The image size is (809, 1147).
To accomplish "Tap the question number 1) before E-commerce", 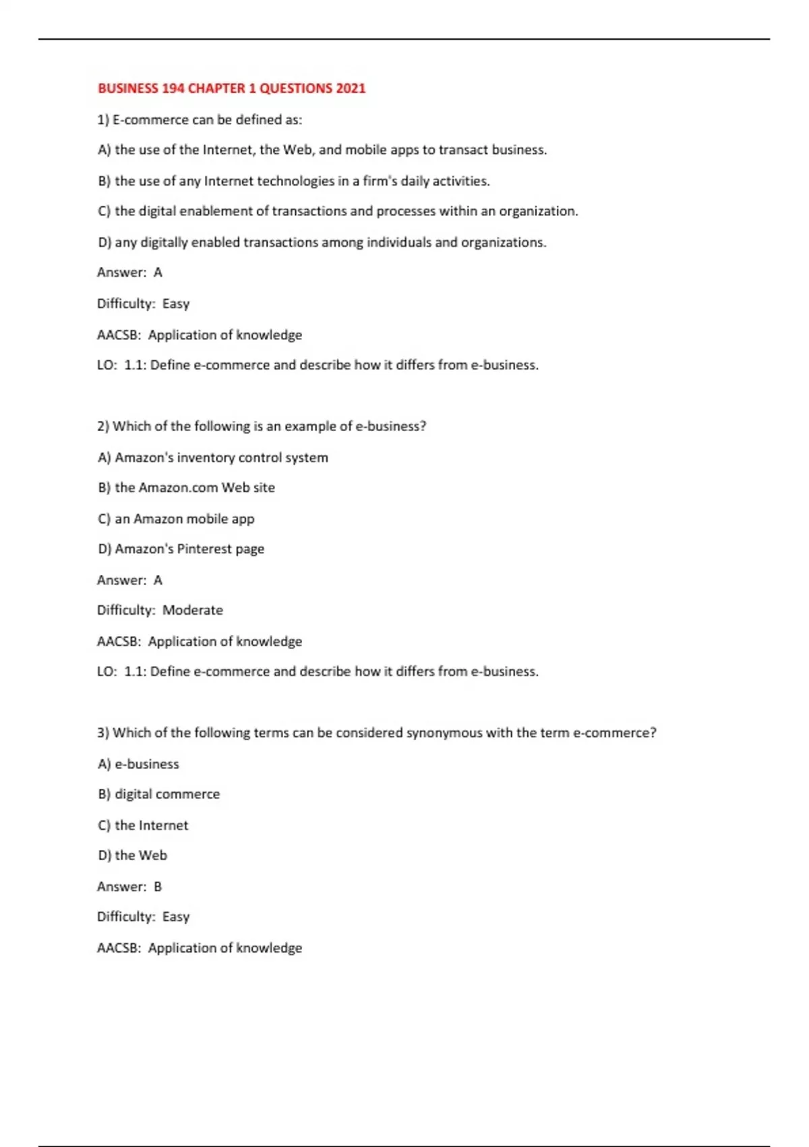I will click(103, 120).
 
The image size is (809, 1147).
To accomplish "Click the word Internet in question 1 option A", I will click(229, 150).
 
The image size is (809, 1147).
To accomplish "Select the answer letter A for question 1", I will click(158, 273).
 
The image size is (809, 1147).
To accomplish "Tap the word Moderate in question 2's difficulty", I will click(192, 610).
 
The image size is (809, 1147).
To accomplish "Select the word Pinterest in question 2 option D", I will click(204, 549).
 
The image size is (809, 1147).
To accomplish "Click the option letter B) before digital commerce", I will click(104, 794).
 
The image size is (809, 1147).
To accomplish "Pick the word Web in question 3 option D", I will click(153, 856).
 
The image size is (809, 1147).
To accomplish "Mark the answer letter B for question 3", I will click(158, 887).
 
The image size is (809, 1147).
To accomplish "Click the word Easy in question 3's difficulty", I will click(176, 917).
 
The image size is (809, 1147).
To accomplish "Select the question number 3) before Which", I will click(103, 733).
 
